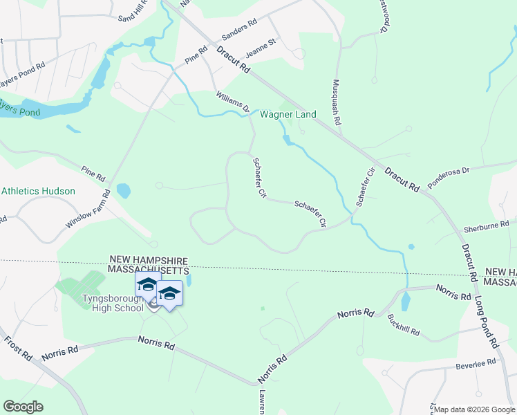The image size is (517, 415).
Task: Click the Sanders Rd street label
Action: click(239, 31)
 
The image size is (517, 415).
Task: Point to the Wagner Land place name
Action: click(288, 115)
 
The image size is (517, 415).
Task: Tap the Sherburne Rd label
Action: click(487, 225)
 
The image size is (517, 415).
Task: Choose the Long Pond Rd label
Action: click(486, 324)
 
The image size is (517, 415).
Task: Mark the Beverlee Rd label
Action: click(477, 362)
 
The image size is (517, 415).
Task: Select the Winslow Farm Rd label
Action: click(88, 210)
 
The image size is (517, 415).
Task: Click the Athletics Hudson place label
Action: click(38, 191)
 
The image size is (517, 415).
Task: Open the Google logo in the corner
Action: click(23, 407)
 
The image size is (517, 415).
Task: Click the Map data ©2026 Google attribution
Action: click(473, 409)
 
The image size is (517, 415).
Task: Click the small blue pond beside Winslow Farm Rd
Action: click(123, 190)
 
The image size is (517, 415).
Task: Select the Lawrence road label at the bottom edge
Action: click(263, 400)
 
